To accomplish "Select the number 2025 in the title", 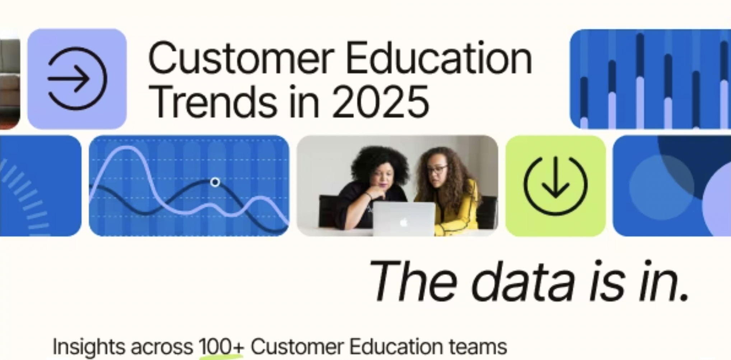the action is (x=380, y=102).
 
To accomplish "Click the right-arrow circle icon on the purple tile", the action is (x=77, y=78).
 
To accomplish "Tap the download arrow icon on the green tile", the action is (x=555, y=185).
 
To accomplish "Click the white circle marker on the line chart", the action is (x=215, y=182).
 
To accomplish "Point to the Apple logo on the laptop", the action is (x=404, y=223).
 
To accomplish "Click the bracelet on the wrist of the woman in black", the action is (x=368, y=195).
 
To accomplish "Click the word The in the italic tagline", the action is (x=413, y=281).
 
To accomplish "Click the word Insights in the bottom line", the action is (x=89, y=347).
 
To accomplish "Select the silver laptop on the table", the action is (x=404, y=219).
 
